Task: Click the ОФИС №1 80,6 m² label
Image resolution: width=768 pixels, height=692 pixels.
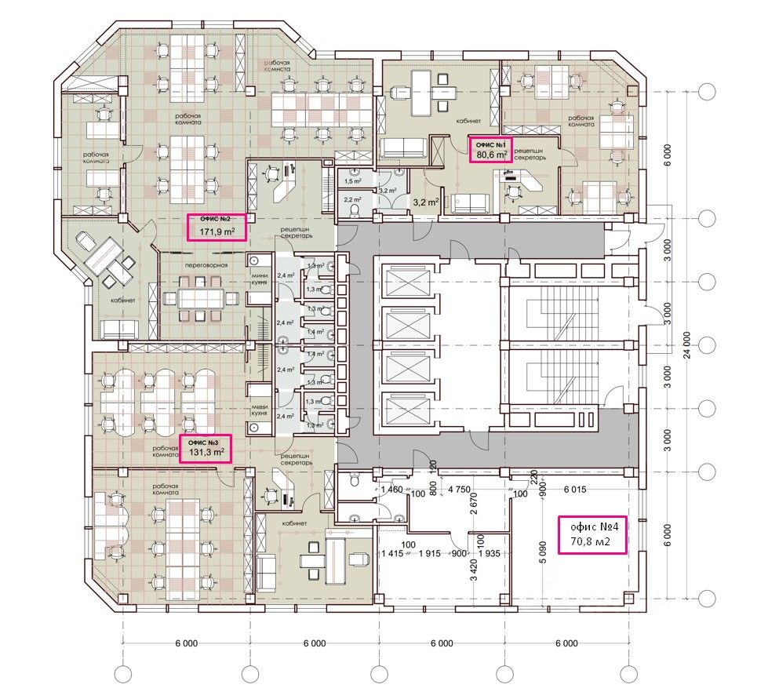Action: pos(490,149)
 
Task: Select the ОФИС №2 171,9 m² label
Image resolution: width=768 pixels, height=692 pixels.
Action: pos(216,227)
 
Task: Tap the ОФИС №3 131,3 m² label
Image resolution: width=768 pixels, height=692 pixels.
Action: pos(206,448)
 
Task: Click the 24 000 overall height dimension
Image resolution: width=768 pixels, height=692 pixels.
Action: pos(686,345)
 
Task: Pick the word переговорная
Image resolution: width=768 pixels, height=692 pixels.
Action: pos(206,266)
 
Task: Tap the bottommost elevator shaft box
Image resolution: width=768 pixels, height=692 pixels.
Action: pos(402,410)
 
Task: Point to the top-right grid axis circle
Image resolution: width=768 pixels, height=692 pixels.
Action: pos(707,92)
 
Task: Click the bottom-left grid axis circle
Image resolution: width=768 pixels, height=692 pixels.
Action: pos(122,673)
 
